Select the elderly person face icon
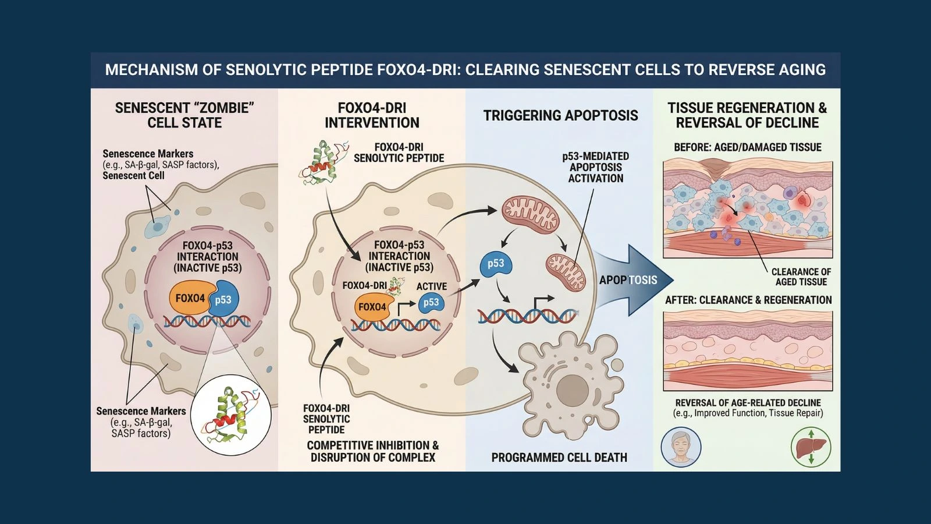681,447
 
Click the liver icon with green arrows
811,447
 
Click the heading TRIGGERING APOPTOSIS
560,115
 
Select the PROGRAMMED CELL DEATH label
559,458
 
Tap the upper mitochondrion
530,214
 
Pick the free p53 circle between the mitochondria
495,264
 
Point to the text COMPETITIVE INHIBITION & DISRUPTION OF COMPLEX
372,451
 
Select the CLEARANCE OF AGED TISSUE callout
801,277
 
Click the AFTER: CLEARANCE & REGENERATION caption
748,300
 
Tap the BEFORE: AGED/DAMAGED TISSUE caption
747,147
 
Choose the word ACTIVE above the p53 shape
431,286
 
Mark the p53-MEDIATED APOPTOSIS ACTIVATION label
595,167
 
